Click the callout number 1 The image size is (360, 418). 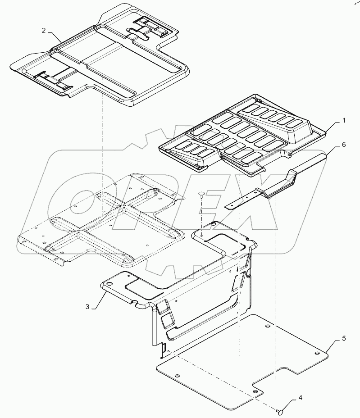coord(344,121)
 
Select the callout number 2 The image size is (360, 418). coord(44,30)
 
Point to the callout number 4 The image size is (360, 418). coord(300,399)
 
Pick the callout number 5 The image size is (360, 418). coord(343,337)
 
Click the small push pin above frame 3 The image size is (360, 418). coord(202,194)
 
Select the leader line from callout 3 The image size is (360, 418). coord(99,299)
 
